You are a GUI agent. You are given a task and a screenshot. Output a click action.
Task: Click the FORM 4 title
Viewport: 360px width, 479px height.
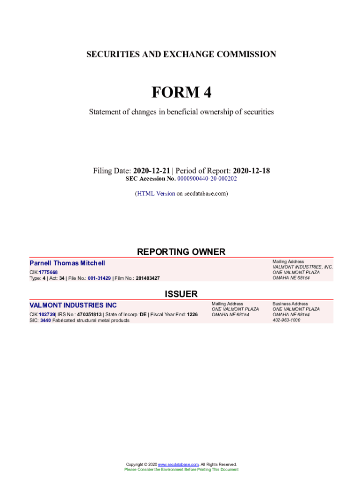point(181,93)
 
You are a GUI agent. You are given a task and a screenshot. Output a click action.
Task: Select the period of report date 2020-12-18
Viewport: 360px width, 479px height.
point(251,171)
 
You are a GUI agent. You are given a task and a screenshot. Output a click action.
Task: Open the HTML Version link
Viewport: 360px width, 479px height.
point(156,193)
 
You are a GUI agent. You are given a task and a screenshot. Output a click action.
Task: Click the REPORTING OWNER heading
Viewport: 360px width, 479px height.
point(181,252)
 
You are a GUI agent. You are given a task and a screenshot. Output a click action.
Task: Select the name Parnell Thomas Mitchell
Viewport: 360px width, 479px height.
point(67,263)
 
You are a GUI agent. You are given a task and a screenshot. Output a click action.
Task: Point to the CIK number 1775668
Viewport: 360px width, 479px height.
point(48,272)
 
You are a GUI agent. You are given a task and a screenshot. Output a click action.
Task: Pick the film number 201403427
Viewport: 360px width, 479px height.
point(148,278)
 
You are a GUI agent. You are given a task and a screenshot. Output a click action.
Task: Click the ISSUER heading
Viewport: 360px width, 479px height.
point(181,294)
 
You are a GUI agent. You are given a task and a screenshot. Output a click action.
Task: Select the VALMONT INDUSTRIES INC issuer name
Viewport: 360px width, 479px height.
point(73,305)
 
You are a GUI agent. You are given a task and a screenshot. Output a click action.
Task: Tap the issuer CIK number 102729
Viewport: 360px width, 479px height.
point(47,314)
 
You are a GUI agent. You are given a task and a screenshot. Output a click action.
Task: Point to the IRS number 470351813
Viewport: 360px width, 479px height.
point(89,314)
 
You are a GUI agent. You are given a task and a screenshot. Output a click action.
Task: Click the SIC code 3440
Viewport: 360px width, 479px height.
point(45,320)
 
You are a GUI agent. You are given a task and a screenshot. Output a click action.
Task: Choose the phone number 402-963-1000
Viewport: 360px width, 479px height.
point(286,320)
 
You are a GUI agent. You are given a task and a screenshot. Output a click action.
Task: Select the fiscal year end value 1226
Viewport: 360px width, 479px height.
point(192,314)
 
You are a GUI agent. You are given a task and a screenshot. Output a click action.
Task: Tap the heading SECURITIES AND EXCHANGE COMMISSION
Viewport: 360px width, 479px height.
point(181,54)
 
